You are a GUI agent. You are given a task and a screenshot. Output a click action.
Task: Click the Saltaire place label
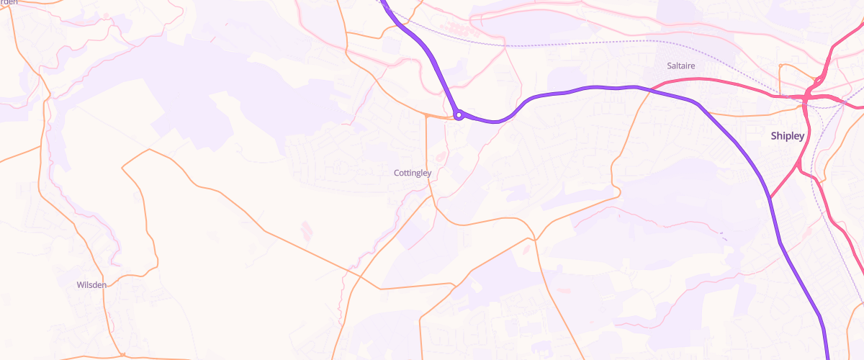(x=681, y=66)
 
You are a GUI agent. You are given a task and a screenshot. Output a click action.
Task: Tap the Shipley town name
(x=787, y=135)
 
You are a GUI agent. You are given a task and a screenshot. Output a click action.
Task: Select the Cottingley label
(x=413, y=173)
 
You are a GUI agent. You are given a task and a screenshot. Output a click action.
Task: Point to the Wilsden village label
(x=91, y=284)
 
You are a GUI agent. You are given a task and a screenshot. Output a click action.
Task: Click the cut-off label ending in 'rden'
(x=9, y=2)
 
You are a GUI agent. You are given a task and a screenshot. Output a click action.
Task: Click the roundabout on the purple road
(x=459, y=114)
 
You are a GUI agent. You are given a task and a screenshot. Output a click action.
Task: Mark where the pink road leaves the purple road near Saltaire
(x=652, y=89)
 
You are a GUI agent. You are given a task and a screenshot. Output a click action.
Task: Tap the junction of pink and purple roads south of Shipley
(x=769, y=198)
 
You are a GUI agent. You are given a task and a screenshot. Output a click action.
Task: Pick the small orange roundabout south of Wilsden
(x=122, y=354)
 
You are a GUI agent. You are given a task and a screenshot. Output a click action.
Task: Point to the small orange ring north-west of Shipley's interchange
(x=780, y=67)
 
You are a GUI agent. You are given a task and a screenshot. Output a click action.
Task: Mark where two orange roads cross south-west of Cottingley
(x=379, y=288)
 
